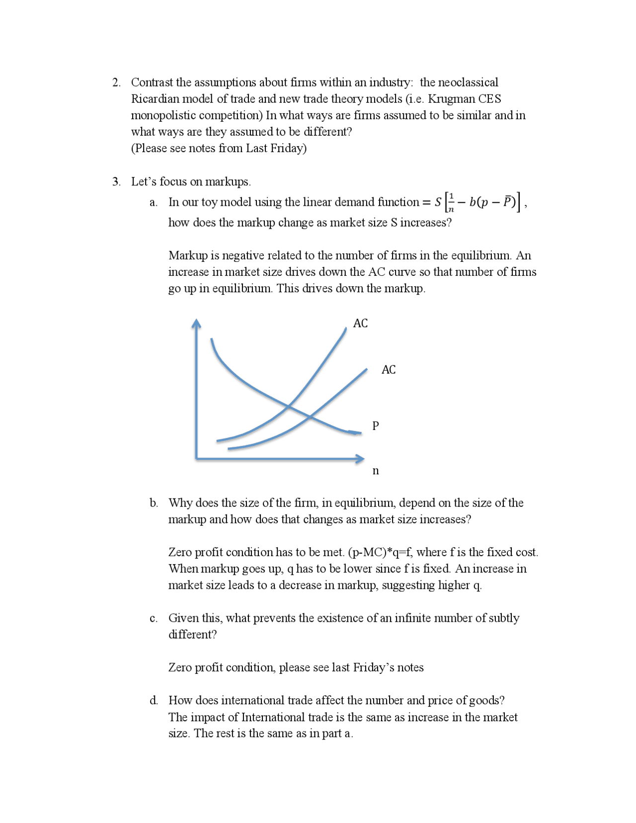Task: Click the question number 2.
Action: tap(116, 82)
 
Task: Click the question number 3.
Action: tap(116, 182)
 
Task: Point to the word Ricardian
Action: tap(154, 99)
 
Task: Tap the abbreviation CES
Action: tap(490, 99)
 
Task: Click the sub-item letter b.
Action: tap(154, 503)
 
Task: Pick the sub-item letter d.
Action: tap(154, 701)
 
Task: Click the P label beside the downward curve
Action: tap(376, 426)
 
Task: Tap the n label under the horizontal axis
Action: tap(376, 471)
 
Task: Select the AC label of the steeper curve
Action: tap(360, 324)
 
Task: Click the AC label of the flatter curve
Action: tap(389, 370)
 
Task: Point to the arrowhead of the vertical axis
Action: tap(197, 323)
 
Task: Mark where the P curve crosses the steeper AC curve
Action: tap(289, 408)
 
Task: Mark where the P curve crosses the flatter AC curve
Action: tap(310, 416)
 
